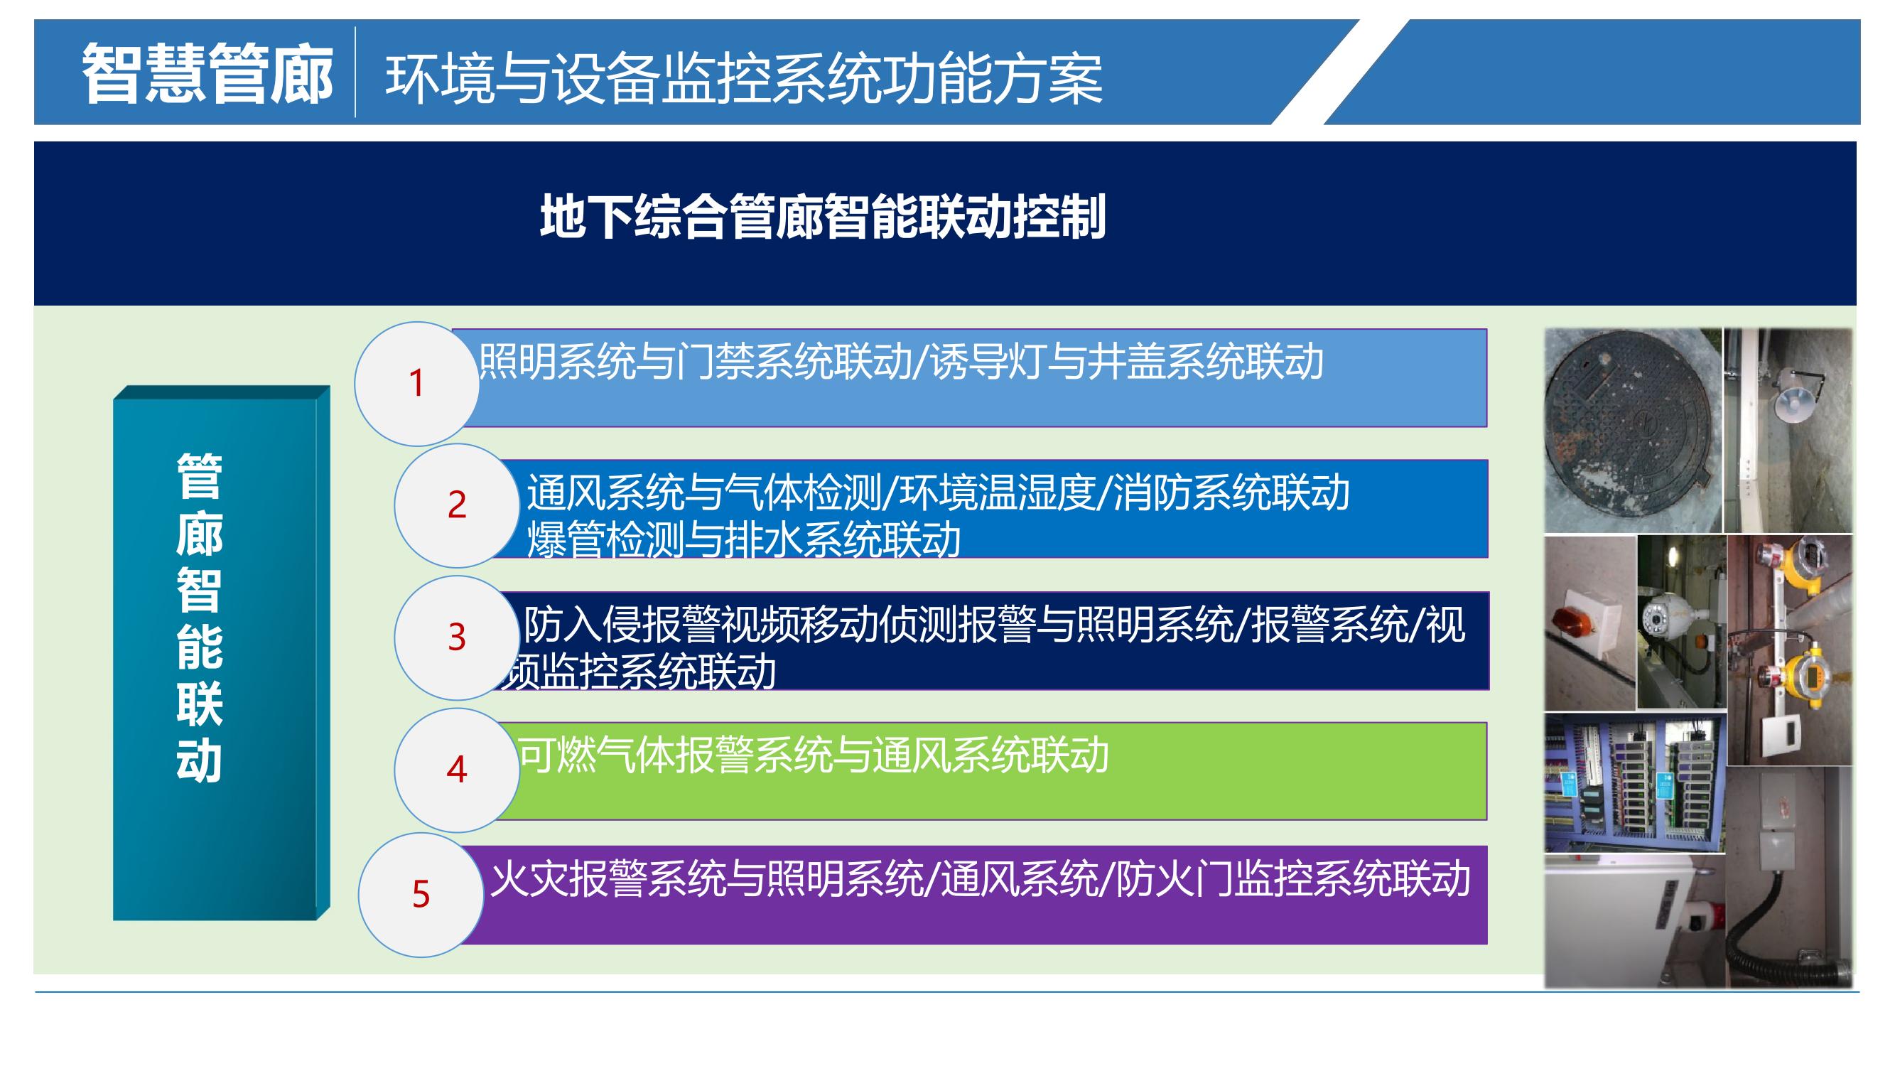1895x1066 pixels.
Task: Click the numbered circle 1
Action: pos(417,383)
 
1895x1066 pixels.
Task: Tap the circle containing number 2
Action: pos(457,505)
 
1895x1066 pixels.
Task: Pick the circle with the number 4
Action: pos(457,770)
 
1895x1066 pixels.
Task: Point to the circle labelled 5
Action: pos(421,895)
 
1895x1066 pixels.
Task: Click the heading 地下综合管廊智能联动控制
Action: pos(822,217)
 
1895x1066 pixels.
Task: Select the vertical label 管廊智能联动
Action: pos(200,618)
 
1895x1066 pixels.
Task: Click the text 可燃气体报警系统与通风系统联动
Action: pos(814,755)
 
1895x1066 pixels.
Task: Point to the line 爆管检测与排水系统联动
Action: pos(744,540)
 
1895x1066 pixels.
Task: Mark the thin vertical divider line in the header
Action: pos(356,72)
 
